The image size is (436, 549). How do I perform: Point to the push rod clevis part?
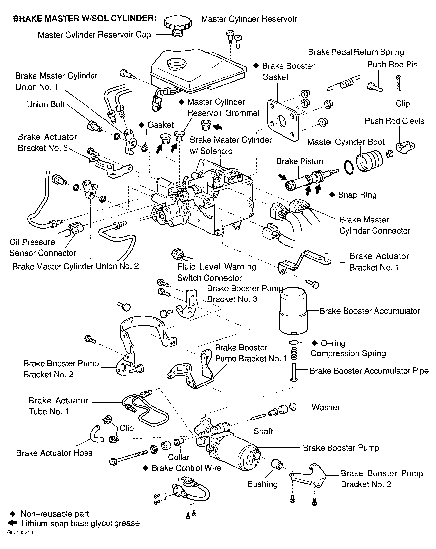click(x=405, y=147)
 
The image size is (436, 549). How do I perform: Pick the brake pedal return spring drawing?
click(x=344, y=83)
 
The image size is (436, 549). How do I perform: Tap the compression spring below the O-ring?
click(x=294, y=354)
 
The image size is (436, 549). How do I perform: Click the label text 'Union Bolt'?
click(x=46, y=104)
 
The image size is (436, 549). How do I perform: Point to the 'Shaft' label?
click(x=263, y=431)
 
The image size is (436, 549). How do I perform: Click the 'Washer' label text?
click(x=326, y=407)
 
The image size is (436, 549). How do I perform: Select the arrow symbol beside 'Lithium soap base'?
click(x=12, y=523)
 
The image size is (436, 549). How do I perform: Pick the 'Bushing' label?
click(x=262, y=484)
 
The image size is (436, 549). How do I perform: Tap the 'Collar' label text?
click(x=179, y=457)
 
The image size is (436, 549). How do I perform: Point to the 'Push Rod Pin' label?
click(x=392, y=65)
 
